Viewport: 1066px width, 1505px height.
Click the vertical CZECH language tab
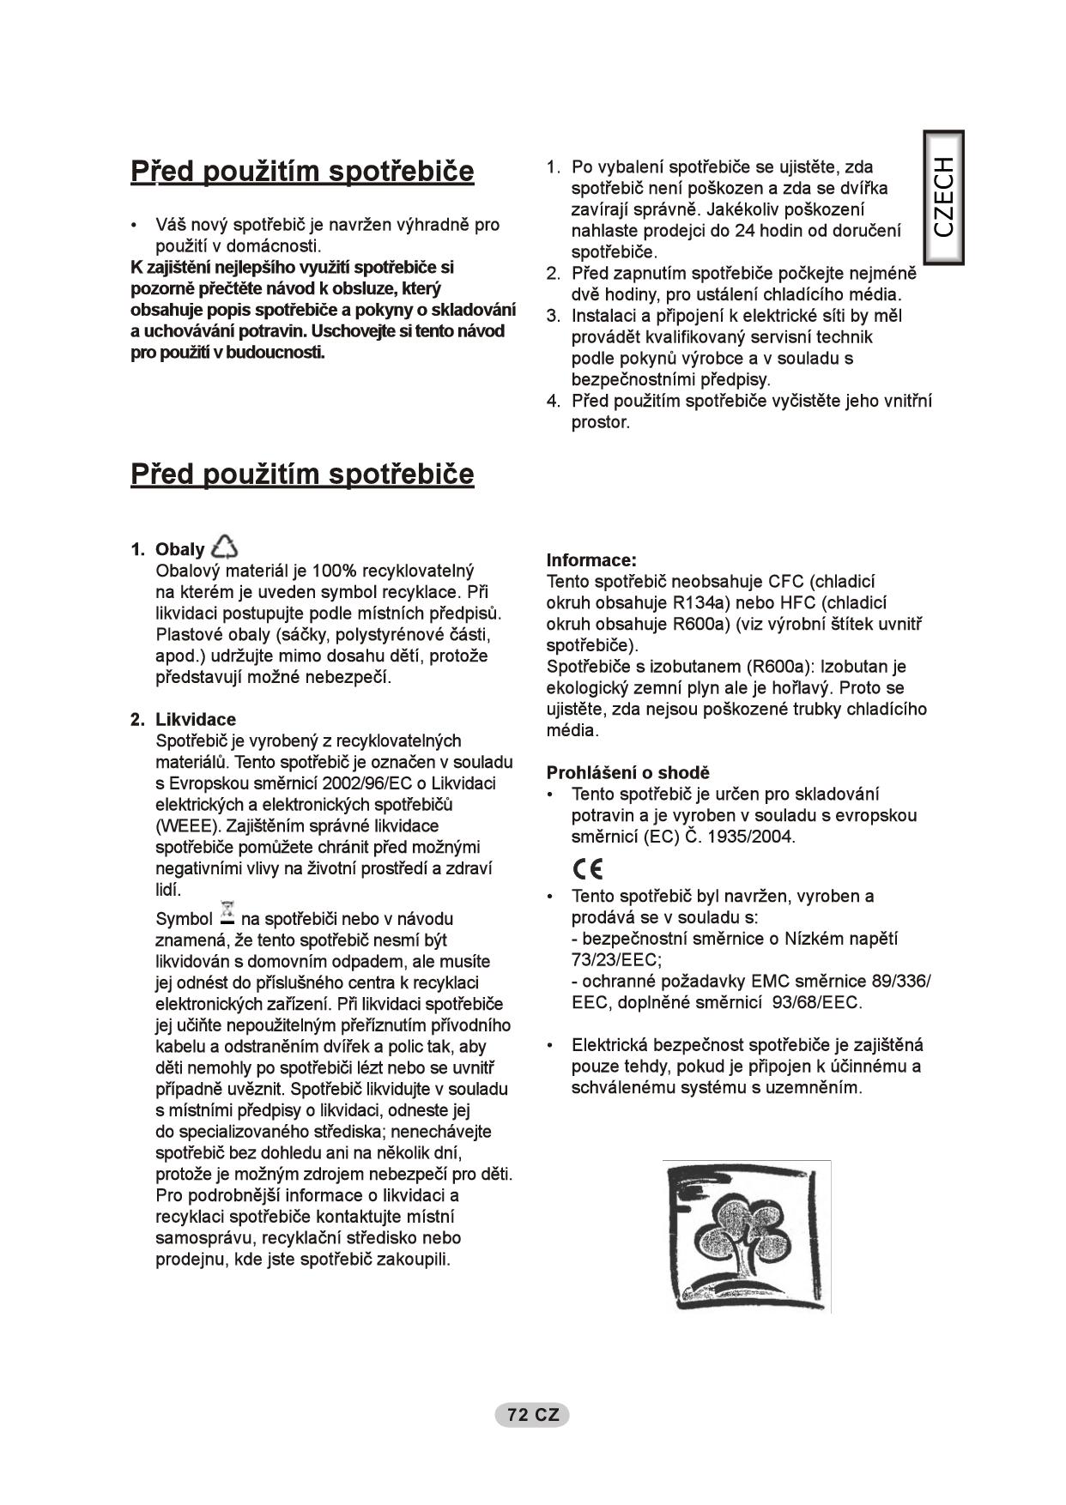943,197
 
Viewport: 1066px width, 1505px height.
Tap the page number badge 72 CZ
532,1415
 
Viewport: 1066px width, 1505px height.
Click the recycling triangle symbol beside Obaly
225,547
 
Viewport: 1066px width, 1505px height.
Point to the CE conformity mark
589,869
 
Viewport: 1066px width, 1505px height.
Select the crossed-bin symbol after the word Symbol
227,913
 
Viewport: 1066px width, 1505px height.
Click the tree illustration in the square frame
746,1236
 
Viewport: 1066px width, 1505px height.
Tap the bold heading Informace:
591,560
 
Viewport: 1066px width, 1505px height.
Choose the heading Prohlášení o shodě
627,772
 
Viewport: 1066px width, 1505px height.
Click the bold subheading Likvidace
195,719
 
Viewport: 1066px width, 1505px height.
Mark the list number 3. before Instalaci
554,316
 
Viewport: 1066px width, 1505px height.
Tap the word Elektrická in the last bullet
610,1045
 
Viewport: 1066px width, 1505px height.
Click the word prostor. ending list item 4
601,422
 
